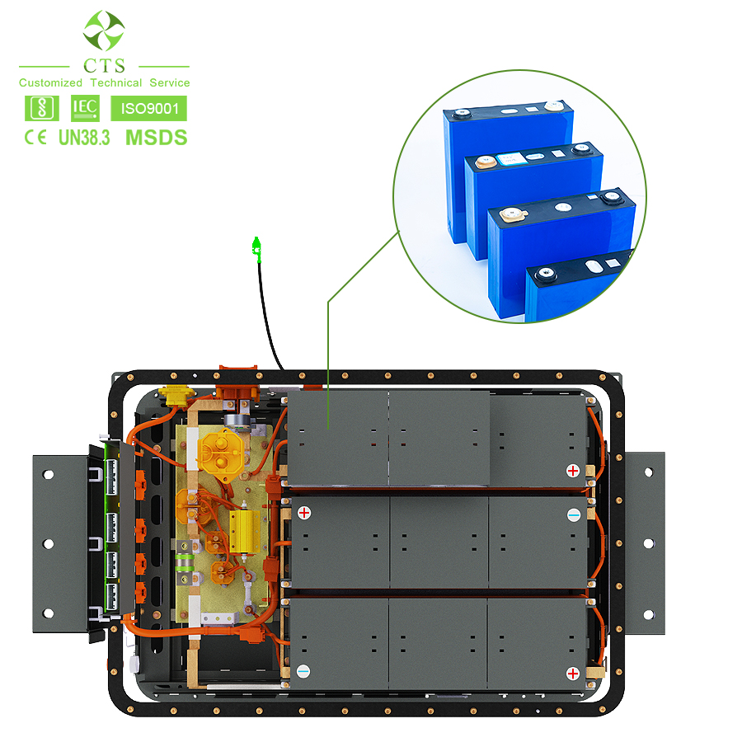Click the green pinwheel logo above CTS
[x=104, y=31]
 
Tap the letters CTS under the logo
[x=104, y=66]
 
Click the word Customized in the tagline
[x=50, y=82]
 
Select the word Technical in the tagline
[x=116, y=82]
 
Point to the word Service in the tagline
[x=169, y=82]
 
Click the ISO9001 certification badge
[x=148, y=108]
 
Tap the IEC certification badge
[x=85, y=108]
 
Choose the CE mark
[x=35, y=138]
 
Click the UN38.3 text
[x=84, y=138]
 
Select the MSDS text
[x=156, y=138]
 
